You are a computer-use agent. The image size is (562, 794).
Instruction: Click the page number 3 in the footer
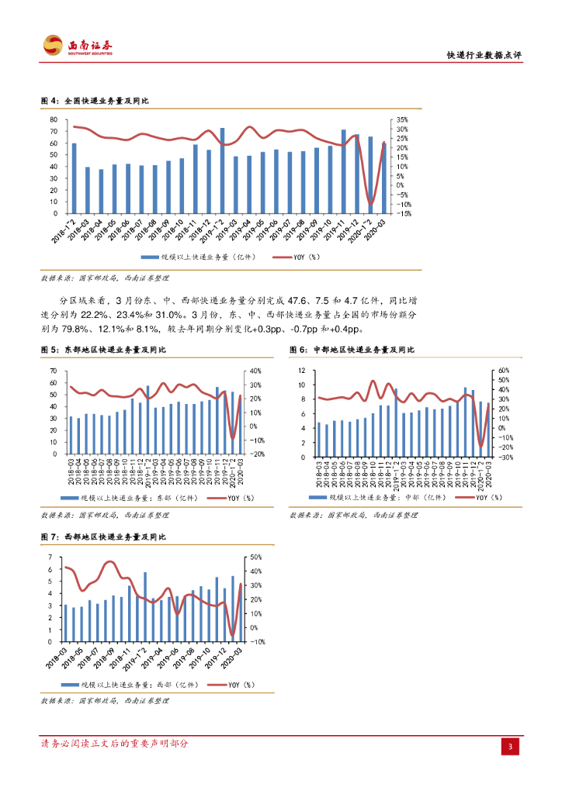click(x=511, y=746)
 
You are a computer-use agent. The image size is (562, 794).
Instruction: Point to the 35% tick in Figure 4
click(x=401, y=120)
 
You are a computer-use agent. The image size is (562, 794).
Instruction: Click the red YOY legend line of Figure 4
click(x=283, y=256)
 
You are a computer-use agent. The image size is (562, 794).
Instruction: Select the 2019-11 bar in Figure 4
click(x=344, y=171)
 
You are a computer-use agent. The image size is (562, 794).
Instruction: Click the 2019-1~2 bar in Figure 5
click(x=147, y=419)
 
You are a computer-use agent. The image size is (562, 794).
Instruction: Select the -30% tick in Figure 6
click(x=502, y=457)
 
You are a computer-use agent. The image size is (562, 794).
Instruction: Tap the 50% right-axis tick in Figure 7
click(x=257, y=558)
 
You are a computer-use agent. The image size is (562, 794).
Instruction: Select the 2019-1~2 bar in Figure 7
click(x=145, y=607)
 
